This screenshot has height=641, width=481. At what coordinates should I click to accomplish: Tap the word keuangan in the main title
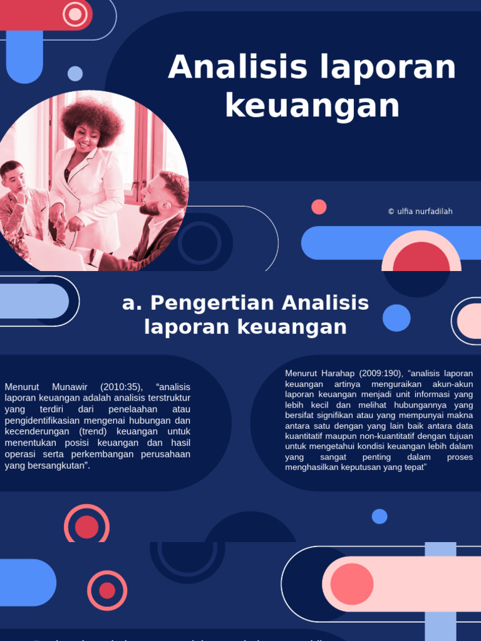(x=312, y=105)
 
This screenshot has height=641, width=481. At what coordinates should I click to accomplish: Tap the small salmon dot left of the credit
(x=319, y=207)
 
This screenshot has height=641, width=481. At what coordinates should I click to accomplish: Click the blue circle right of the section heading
(x=396, y=318)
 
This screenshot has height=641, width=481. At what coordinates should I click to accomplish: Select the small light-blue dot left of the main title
(x=75, y=74)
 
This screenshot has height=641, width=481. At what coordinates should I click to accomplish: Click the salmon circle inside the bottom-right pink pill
(x=351, y=584)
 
